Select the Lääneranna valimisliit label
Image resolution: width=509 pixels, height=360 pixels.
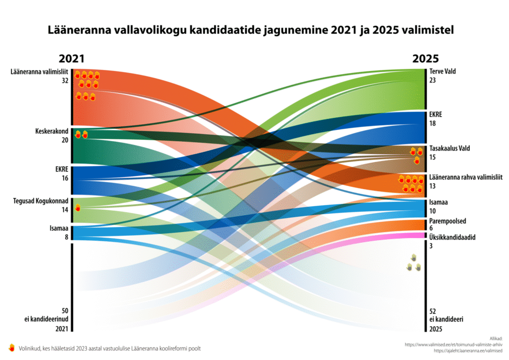(39, 72)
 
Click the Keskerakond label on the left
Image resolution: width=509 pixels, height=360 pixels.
(52, 132)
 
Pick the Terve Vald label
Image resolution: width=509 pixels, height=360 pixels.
(442, 72)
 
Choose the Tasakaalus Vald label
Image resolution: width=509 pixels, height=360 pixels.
(450, 148)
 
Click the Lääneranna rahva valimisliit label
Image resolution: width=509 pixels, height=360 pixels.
(465, 178)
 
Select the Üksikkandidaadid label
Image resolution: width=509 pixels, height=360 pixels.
(452, 237)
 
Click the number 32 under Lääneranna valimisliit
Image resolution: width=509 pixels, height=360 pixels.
(65, 80)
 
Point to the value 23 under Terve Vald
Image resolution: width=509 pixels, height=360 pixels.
(432, 80)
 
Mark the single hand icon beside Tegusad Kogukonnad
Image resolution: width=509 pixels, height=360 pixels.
(78, 208)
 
